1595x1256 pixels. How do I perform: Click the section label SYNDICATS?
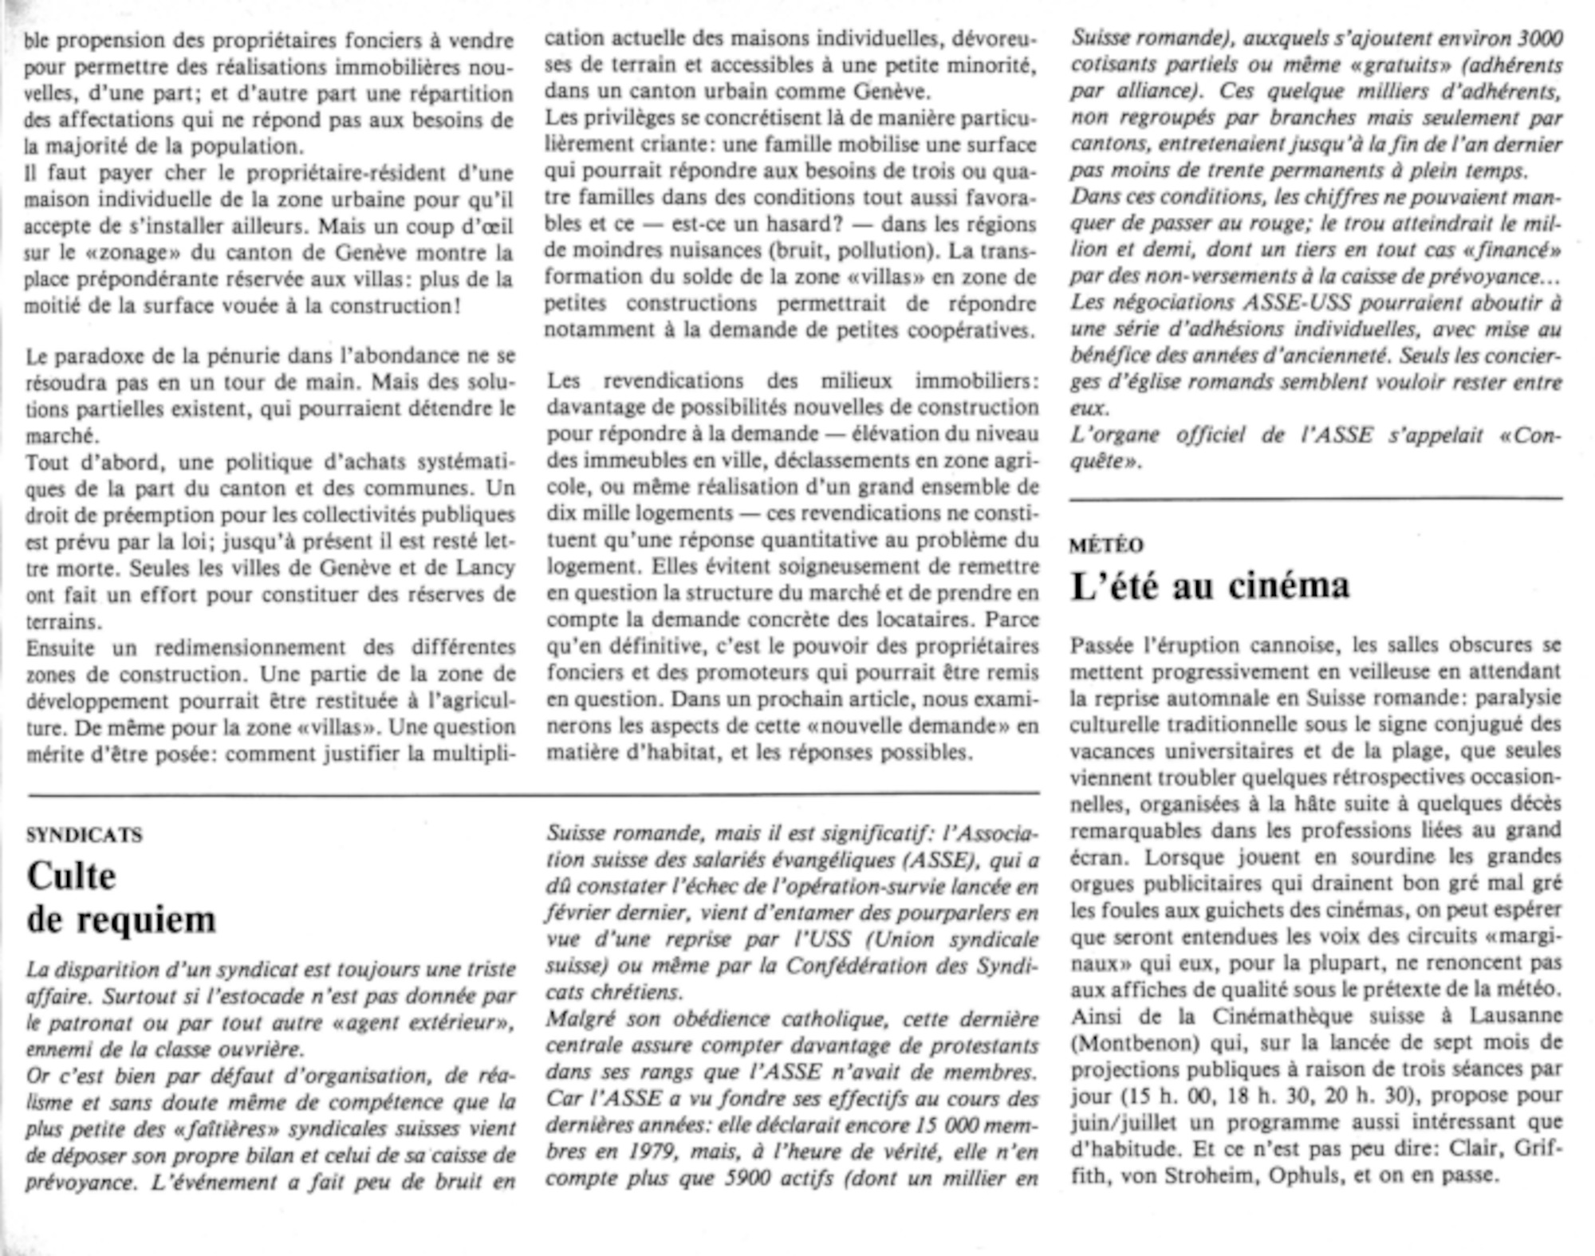85,835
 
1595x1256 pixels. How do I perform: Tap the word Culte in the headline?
72,876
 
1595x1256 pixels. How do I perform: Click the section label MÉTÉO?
1106,545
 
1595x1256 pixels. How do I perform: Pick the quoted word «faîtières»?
232,1129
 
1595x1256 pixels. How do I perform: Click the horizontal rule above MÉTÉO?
1315,499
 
